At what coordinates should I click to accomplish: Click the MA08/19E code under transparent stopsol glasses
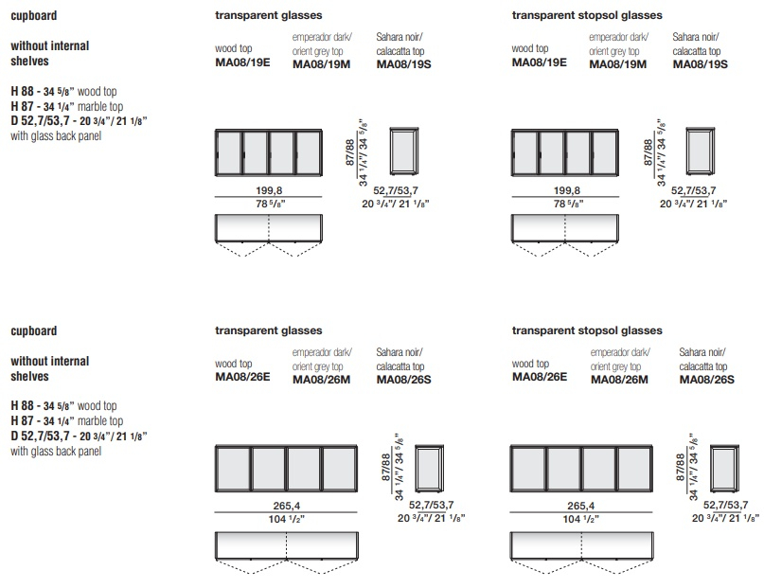(539, 62)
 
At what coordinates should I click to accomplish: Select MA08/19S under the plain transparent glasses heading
(403, 63)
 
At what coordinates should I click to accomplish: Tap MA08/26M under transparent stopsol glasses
(619, 380)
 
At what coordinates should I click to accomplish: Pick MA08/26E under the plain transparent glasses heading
(242, 377)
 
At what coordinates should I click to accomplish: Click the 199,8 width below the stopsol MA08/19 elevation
(567, 190)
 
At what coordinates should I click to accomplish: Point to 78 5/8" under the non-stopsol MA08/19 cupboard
(271, 204)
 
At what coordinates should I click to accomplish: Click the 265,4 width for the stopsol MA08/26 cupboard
(580, 506)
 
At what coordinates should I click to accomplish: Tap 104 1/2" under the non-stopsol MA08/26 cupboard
(287, 519)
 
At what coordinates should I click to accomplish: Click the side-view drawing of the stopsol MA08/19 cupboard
(701, 151)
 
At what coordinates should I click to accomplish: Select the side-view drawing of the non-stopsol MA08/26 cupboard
(429, 468)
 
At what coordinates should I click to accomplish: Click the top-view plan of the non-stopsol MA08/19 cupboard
(269, 236)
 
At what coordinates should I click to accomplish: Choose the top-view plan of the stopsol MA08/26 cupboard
(581, 552)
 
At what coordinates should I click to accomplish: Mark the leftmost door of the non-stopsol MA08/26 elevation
(234, 468)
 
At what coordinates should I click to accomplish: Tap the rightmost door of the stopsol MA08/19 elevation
(605, 152)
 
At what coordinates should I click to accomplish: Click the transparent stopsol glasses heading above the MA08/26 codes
(587, 330)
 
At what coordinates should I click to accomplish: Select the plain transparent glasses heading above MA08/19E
(269, 15)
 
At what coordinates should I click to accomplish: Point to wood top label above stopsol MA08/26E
(530, 364)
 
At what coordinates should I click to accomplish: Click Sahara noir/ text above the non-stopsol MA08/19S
(400, 37)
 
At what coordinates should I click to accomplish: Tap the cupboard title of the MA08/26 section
(34, 331)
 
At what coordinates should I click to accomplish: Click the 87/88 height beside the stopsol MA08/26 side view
(681, 467)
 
